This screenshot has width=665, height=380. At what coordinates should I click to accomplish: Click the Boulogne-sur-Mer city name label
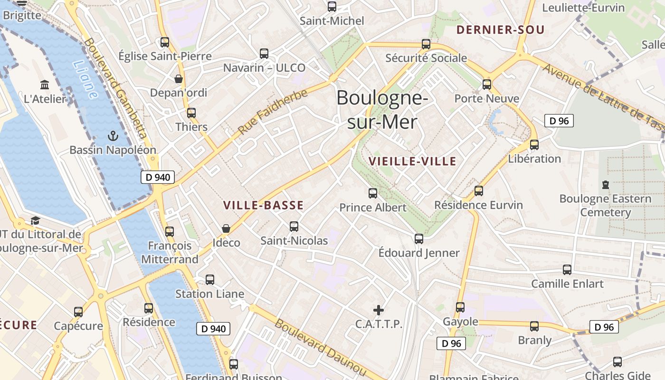(382, 110)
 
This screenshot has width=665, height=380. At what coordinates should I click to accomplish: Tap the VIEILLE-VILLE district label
(412, 161)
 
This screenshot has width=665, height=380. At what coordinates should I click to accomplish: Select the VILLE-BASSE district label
(263, 205)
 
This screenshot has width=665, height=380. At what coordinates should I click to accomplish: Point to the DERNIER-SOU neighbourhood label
(500, 30)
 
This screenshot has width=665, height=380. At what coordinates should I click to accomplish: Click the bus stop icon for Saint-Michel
(332, 7)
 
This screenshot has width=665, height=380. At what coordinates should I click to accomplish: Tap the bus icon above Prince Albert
(373, 193)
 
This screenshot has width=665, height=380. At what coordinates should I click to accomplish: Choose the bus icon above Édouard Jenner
(418, 238)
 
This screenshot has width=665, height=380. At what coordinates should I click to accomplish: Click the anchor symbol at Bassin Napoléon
(113, 136)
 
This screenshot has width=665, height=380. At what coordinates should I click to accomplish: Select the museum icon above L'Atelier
(45, 85)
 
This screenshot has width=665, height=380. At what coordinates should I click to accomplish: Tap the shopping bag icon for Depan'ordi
(179, 78)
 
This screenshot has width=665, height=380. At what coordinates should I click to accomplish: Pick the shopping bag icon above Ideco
(226, 228)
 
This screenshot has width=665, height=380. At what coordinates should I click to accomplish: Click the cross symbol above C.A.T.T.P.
(379, 310)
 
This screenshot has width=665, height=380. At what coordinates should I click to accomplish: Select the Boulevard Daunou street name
(320, 348)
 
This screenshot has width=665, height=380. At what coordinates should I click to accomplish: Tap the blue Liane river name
(86, 80)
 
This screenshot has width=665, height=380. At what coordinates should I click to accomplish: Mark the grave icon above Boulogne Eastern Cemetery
(605, 184)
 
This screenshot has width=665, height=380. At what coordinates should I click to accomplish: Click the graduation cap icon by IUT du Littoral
(35, 220)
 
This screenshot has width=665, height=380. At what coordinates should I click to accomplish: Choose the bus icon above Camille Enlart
(567, 270)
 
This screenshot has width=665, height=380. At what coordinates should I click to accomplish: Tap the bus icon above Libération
(534, 144)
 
